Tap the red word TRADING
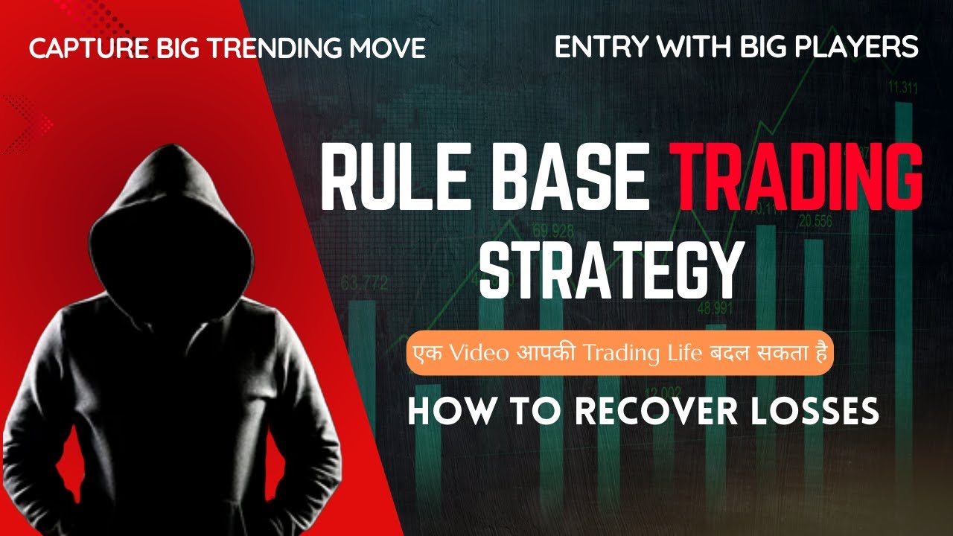click(796, 179)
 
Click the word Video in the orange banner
click(466, 353)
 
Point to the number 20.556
click(815, 221)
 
